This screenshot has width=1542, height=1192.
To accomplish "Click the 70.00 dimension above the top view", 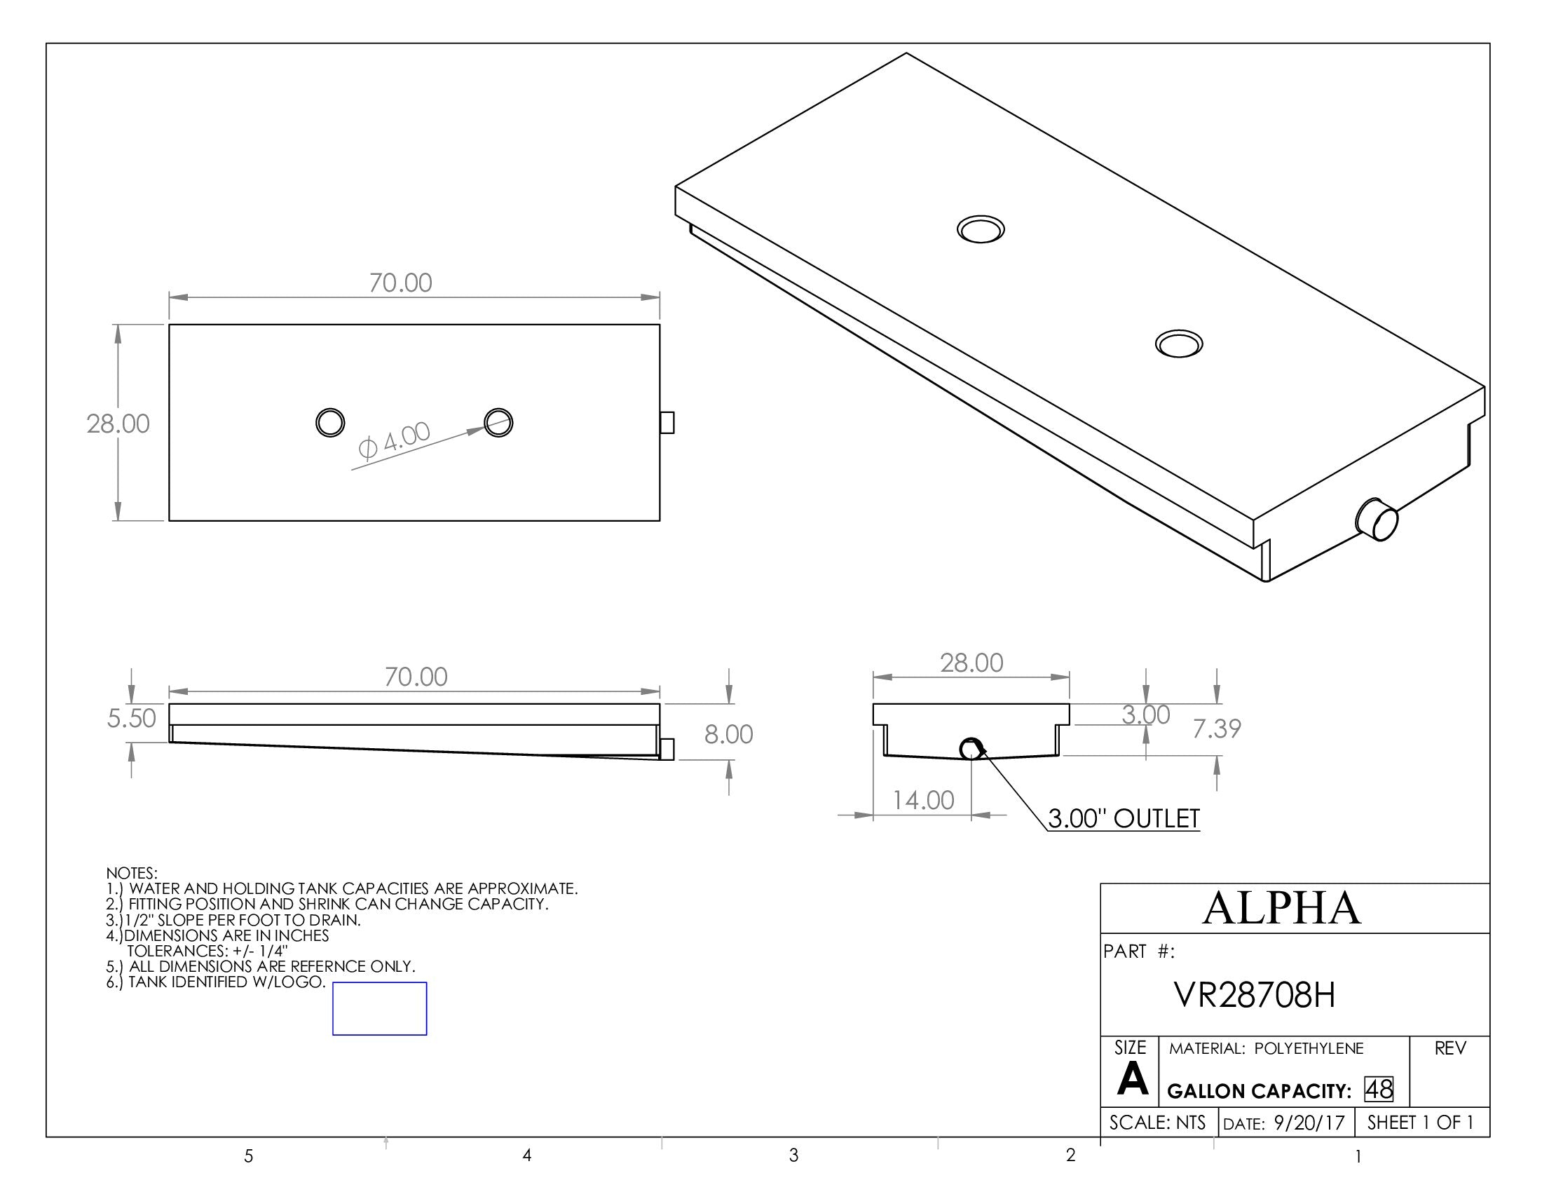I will click(400, 283).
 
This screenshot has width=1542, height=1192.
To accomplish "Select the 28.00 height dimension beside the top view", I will click(118, 424).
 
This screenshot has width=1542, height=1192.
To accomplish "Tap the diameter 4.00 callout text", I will click(394, 440).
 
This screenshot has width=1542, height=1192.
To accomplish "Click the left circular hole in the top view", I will click(329, 422).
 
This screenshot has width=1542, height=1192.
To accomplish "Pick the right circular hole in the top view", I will click(498, 422).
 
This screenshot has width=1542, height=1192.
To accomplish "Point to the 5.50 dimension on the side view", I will click(131, 718).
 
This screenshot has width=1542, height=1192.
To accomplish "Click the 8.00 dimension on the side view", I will click(729, 734).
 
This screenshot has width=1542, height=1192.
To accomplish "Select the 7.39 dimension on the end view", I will click(1217, 729).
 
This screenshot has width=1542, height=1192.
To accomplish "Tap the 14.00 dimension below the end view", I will click(923, 800).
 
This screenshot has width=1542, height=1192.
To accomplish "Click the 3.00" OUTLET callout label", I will click(1124, 818).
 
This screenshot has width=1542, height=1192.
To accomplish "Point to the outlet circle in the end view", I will click(971, 749).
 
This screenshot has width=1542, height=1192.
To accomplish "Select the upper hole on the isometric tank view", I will click(981, 229).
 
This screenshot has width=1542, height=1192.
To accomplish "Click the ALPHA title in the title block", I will click(1281, 908).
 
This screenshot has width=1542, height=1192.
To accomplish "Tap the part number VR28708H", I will click(1255, 996).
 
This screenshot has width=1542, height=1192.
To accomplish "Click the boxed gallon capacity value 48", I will click(1378, 1089).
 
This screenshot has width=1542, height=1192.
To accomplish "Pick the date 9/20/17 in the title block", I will click(1309, 1123).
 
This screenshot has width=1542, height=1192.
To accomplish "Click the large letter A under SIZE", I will click(1132, 1080).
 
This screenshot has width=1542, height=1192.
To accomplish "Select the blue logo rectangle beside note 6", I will click(379, 1008).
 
